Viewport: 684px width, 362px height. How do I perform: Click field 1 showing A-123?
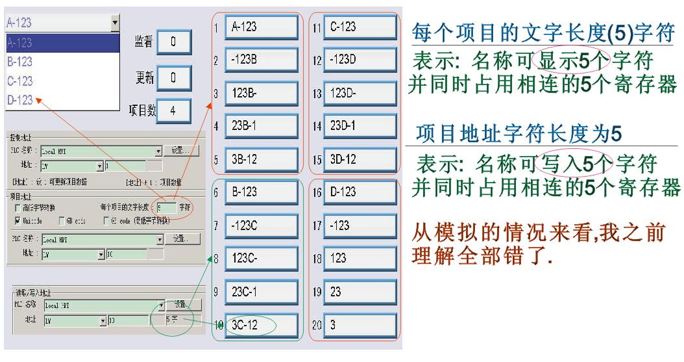point(262,27)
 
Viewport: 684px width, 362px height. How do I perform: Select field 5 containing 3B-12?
point(262,159)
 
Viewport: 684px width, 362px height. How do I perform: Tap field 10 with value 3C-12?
point(262,325)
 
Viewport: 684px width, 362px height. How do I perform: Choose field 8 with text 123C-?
point(262,259)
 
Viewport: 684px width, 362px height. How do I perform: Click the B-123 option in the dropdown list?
point(62,62)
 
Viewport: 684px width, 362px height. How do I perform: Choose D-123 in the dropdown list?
point(62,100)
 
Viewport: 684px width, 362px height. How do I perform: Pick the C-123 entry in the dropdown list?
point(62,81)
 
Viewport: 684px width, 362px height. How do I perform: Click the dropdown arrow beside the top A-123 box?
point(116,23)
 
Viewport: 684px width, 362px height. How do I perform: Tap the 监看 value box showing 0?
point(173,42)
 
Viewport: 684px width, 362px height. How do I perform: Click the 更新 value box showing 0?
point(173,77)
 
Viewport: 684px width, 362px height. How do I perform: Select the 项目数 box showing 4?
point(173,110)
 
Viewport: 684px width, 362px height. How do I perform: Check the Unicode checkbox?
point(18,221)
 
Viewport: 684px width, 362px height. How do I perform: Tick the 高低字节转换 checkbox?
point(18,207)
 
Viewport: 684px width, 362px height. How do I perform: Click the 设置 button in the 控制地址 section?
point(180,151)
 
